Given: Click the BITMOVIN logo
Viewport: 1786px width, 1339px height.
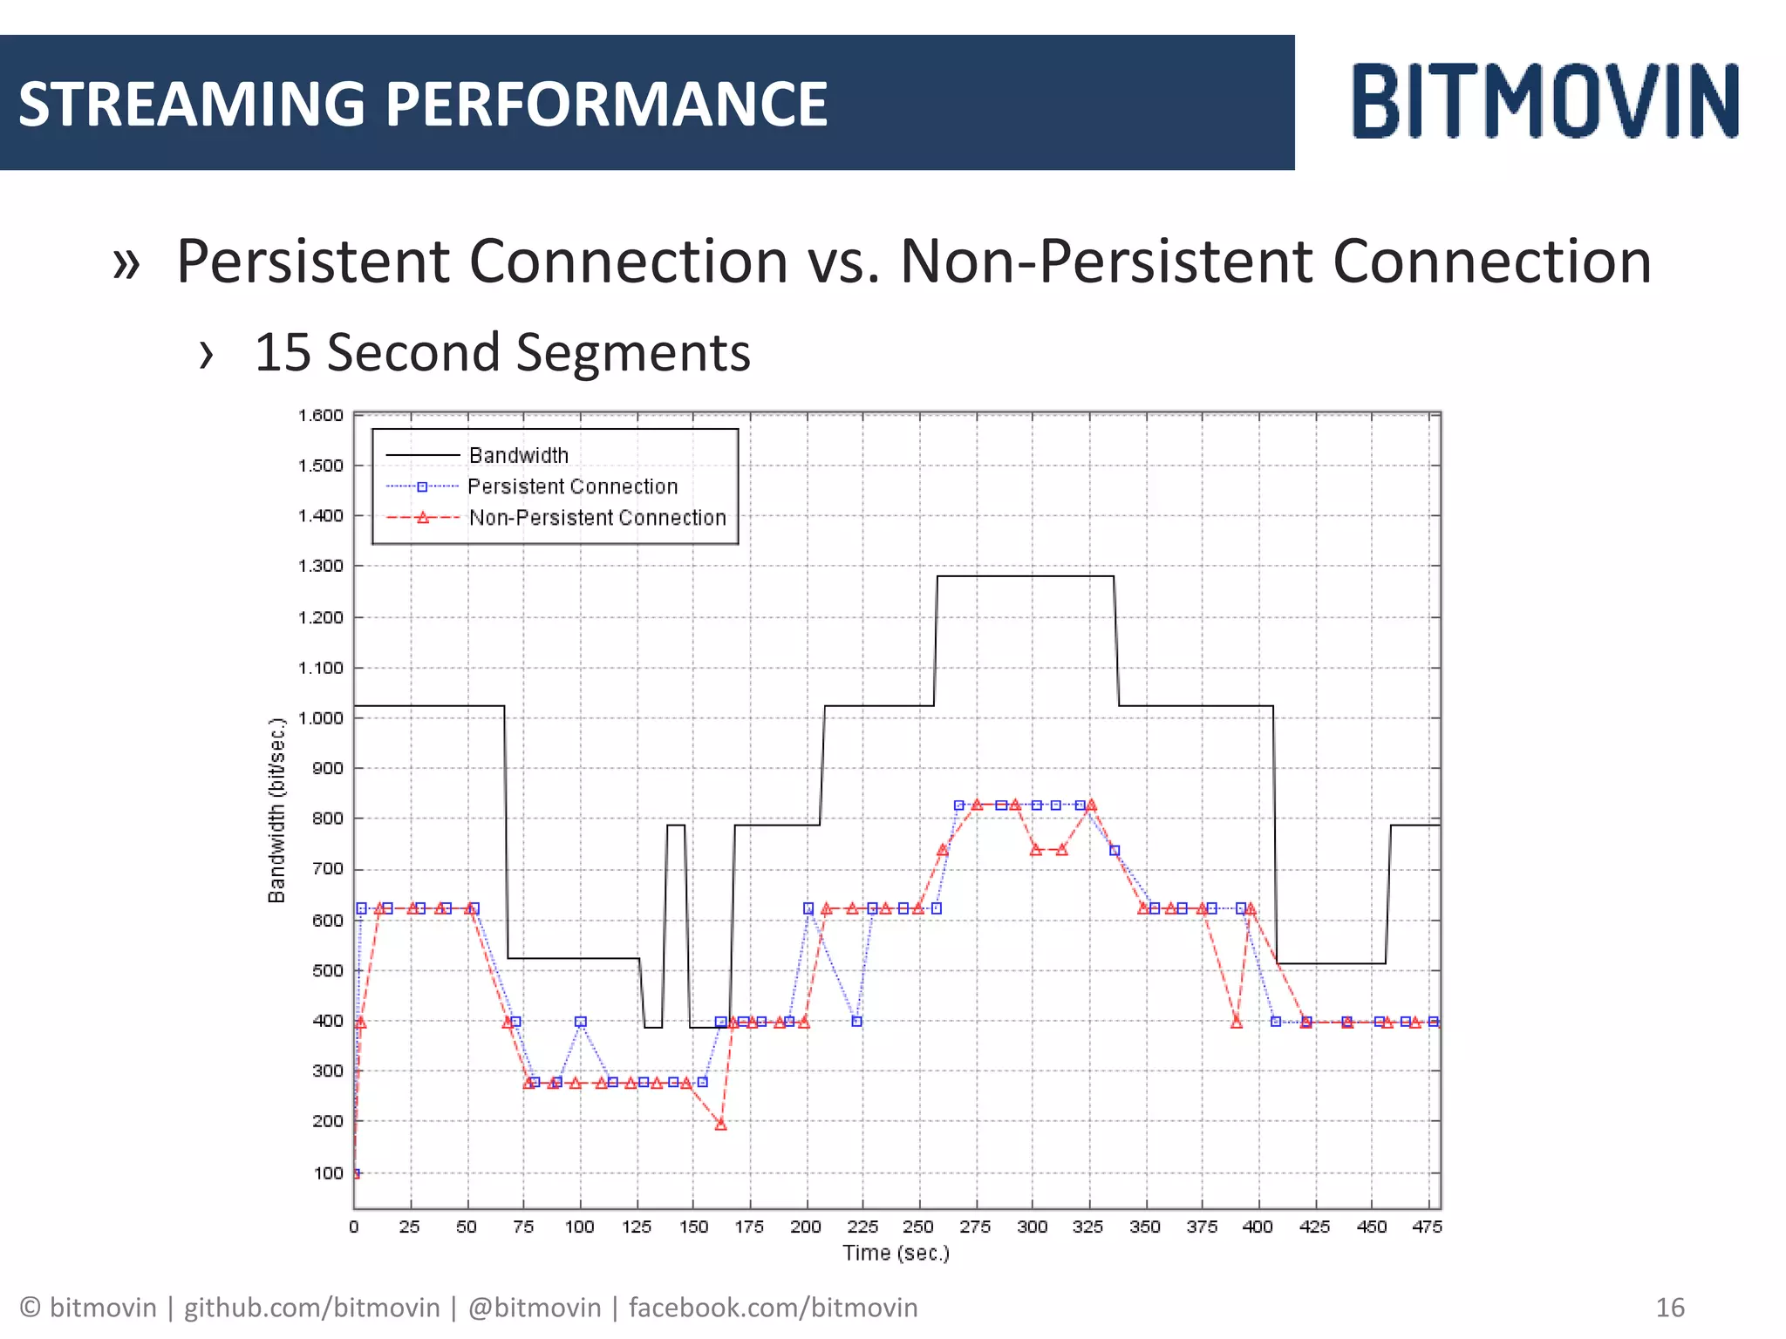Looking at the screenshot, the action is [1545, 101].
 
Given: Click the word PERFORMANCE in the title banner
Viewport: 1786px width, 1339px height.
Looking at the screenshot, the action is [606, 105].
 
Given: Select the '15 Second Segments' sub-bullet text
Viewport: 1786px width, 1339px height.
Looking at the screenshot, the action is [501, 353].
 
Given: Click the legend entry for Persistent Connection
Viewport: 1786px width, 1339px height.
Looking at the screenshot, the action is [572, 486].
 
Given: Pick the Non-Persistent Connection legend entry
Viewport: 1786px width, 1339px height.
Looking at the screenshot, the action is [596, 518].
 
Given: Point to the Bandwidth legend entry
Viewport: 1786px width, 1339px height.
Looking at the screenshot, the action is [518, 455].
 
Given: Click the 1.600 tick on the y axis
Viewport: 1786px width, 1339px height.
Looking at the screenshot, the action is [321, 415].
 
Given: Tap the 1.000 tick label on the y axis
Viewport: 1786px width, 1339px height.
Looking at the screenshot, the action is [321, 718].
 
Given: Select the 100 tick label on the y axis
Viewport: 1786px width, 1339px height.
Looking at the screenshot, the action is [329, 1173].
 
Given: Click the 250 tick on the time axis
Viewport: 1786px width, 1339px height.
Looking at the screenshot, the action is [918, 1227].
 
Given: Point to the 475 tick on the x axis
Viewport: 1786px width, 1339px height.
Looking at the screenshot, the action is [1428, 1227].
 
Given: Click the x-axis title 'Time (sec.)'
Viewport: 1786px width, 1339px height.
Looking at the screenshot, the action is [896, 1254].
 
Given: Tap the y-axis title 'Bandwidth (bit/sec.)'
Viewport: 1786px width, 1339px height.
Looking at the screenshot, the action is [277, 811].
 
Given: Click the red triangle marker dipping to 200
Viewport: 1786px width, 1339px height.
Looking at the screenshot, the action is [720, 1125].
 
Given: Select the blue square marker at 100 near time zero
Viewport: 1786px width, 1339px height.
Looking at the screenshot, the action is [356, 1173].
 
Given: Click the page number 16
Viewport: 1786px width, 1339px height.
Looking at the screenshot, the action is [1670, 1308].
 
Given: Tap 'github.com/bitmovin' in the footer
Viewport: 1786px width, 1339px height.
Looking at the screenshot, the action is [311, 1308].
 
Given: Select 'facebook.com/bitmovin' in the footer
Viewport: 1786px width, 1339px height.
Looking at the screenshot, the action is [773, 1308].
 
